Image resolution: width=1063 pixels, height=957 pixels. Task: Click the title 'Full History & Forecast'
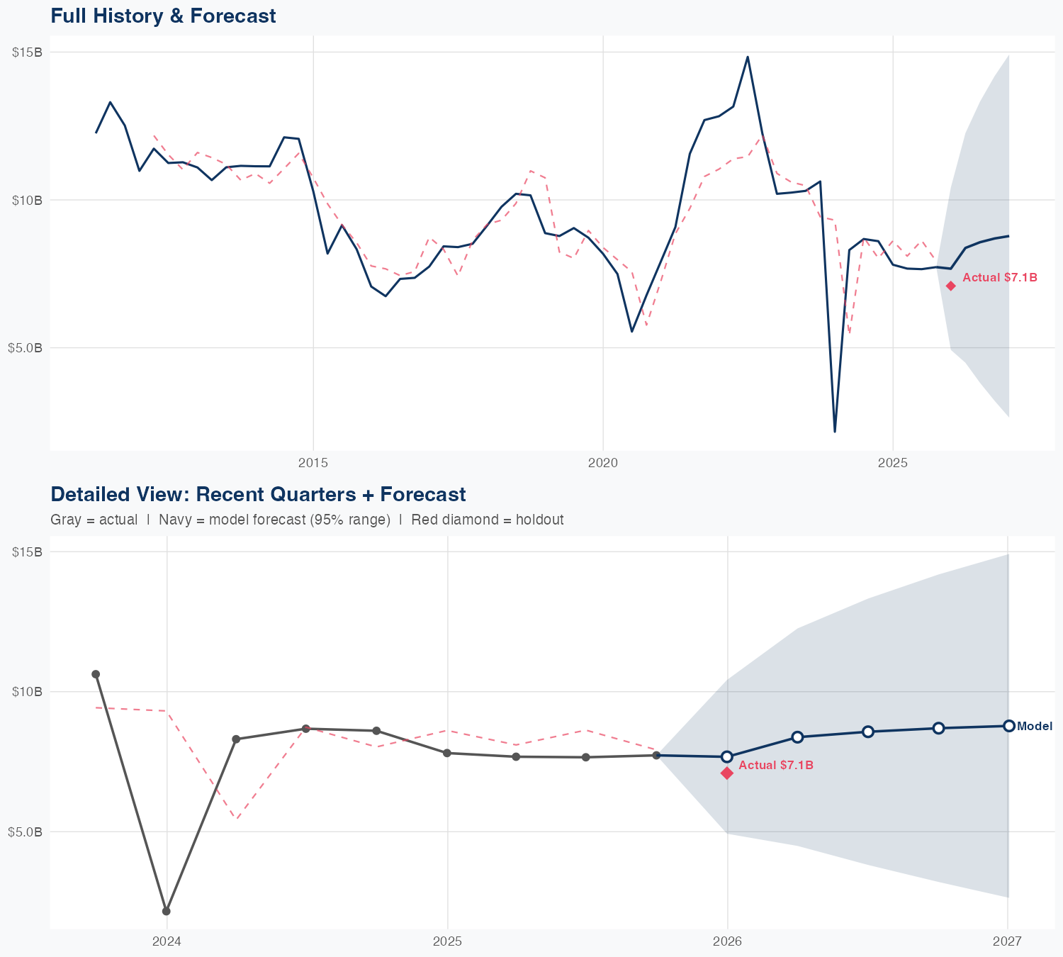163,16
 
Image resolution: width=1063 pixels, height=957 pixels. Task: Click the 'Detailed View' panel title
258,494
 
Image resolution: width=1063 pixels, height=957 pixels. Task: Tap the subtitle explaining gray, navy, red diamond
307,520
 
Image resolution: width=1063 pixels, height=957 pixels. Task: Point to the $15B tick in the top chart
27,52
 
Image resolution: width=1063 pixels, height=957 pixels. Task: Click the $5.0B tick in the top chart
25,347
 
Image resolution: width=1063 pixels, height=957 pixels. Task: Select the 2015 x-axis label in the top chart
313,463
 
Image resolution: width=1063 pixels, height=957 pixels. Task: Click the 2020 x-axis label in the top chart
603,463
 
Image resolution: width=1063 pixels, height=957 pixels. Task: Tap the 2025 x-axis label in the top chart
892,463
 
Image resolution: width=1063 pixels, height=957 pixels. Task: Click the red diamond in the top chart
950,286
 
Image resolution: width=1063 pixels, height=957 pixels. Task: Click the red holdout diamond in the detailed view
727,773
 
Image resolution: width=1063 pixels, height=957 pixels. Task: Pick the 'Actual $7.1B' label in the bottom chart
776,766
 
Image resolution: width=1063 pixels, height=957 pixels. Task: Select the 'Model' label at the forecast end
1035,726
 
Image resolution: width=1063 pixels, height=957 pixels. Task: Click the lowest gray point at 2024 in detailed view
166,911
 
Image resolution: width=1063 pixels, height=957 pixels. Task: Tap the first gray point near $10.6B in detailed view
96,674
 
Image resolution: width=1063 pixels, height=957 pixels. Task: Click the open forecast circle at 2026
727,756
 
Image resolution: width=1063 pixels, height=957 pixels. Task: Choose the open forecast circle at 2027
1008,726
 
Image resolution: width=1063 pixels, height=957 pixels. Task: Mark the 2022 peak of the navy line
748,57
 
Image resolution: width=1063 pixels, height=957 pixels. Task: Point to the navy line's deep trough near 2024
835,431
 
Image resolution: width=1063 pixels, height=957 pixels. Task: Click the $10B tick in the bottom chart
27,691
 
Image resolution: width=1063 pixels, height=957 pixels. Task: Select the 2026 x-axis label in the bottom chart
727,941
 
